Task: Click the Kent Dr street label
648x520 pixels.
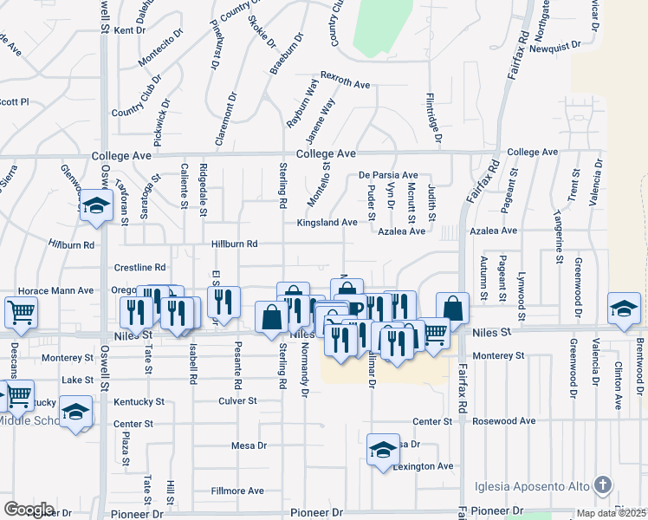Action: [x=129, y=30]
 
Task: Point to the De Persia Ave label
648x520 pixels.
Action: [x=389, y=175]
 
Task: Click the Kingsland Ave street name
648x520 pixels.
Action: [x=327, y=223]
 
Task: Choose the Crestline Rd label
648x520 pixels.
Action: [x=139, y=268]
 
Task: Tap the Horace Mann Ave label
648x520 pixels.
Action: [x=57, y=290]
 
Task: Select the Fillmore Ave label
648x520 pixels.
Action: [x=237, y=491]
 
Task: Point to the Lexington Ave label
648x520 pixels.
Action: [x=424, y=466]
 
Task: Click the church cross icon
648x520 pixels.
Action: [x=604, y=484]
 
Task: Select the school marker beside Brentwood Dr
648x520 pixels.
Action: [x=623, y=309]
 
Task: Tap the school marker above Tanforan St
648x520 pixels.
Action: [x=96, y=205]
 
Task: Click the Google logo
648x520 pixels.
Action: [x=29, y=510]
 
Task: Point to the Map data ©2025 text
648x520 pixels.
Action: [x=612, y=513]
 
